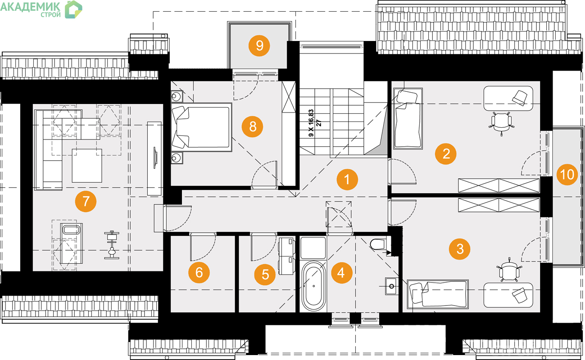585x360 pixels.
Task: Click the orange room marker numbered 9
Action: point(259,45)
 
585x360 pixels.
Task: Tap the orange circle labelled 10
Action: point(567,175)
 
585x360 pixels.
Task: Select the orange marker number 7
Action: point(86,202)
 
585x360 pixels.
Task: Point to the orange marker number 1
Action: point(347,180)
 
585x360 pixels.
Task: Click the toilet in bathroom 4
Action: point(378,244)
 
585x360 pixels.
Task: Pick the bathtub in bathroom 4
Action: point(313,287)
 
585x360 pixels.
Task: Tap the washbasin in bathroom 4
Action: point(391,287)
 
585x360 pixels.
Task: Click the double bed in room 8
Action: point(201,127)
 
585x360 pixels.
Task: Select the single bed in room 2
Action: point(408,119)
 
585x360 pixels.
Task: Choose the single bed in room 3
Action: point(438,294)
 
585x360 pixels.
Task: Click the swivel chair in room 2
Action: point(501,123)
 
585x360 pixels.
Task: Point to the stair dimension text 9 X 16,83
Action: point(311,123)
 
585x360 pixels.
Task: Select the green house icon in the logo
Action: point(73,9)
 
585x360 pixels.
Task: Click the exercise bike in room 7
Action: point(112,245)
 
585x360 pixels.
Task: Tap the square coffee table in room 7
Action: point(87,166)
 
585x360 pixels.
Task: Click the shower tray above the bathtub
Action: point(313,247)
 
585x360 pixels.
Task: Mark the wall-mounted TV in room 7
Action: point(155,158)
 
